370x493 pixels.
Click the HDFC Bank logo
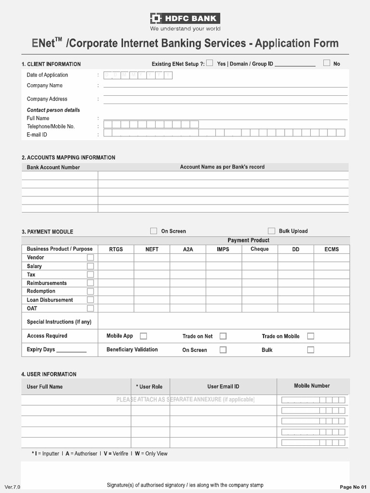(x=185, y=19)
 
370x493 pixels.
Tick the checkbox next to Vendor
(x=90, y=258)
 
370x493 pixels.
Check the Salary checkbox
(x=90, y=266)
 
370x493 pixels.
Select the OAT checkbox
(x=90, y=308)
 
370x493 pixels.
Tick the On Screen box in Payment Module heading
(x=154, y=231)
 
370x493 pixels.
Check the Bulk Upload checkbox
(x=272, y=231)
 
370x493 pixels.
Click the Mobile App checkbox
(x=144, y=336)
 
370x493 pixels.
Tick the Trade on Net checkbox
(x=223, y=336)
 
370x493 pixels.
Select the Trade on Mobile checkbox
(x=311, y=336)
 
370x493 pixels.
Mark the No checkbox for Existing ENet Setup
(x=327, y=63)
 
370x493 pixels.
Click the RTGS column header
(x=116, y=249)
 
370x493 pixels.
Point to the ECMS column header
(x=331, y=249)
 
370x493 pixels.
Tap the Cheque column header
(x=260, y=249)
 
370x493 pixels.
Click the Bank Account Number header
(x=53, y=168)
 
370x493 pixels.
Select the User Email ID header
(x=223, y=387)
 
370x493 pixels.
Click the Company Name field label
(x=45, y=86)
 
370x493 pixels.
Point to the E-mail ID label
(x=37, y=135)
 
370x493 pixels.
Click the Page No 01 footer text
(x=353, y=487)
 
